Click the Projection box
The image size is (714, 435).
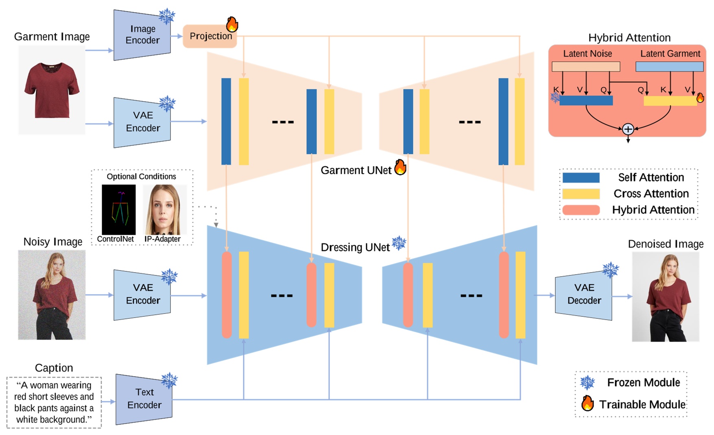210,36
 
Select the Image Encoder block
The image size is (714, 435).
142,35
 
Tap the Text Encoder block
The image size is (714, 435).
144,399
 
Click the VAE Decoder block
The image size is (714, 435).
583,294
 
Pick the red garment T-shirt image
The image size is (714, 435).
52,90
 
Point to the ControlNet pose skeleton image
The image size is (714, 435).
118,210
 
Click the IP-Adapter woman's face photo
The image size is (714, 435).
165,210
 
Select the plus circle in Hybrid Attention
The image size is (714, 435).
628,129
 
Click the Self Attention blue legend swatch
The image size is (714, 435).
581,177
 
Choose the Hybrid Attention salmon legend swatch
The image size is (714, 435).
581,210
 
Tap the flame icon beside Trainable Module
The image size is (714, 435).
587,403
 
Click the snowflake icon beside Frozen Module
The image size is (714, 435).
587,383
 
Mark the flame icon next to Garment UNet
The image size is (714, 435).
400,167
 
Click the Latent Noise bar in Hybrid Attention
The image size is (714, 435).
585,67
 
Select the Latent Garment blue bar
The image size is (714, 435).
669,67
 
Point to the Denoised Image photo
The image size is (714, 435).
665,296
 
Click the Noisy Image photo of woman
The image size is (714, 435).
52,295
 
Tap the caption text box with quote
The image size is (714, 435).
54,402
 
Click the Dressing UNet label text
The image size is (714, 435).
355,247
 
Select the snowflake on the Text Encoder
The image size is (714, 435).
169,381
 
